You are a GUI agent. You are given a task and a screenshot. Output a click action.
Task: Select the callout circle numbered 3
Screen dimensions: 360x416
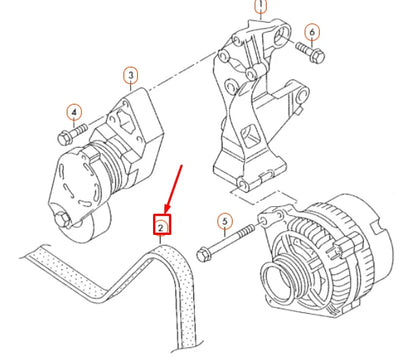coord(131,74)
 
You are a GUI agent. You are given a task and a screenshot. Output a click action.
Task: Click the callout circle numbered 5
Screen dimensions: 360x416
coord(225,221)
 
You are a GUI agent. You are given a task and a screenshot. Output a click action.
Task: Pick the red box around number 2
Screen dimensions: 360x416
coord(160,228)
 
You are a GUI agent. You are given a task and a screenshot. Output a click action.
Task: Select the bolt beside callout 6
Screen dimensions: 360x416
coord(303,49)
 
